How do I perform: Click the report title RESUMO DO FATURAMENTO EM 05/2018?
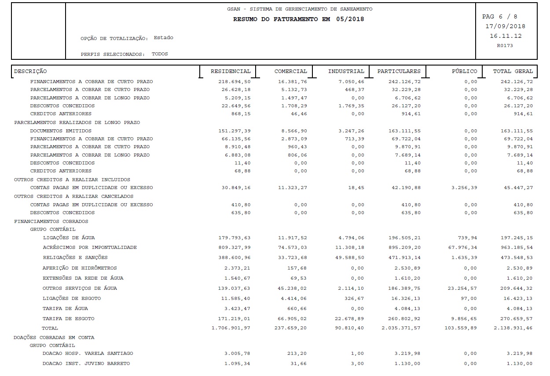click(298, 19)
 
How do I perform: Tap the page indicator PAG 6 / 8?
click(499, 17)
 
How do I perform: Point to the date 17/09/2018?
click(505, 26)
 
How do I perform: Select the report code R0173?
click(505, 45)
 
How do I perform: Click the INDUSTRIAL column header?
click(346, 71)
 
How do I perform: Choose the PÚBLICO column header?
click(464, 71)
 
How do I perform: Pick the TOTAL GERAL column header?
click(513, 71)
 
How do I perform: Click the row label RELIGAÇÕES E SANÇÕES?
click(75, 258)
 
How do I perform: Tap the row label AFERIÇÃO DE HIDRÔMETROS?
click(79, 268)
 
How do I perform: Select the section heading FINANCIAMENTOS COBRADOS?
click(51, 222)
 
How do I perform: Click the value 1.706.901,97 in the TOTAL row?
click(231, 329)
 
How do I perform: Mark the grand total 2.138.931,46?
click(513, 329)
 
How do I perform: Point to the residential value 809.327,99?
click(234, 248)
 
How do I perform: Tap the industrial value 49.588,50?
click(349, 258)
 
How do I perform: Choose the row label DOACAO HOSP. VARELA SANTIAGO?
click(88, 354)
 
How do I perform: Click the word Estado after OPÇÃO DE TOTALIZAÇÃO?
click(163, 38)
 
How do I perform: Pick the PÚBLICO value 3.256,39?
click(463, 188)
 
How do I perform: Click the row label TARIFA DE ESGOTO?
click(68, 319)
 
